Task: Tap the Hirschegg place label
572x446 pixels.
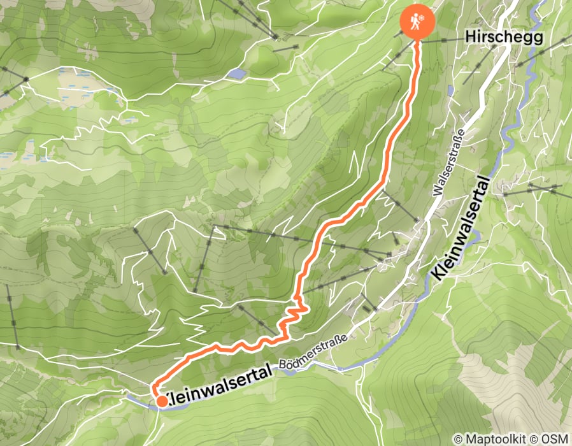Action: click(504, 38)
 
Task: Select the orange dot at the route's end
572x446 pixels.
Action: click(162, 401)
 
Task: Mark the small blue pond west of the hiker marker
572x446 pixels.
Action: click(237, 74)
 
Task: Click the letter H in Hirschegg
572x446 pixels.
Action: click(469, 38)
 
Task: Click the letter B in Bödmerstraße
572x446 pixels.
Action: click(283, 366)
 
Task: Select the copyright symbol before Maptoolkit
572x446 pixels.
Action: click(457, 440)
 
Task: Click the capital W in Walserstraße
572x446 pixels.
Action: click(436, 191)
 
